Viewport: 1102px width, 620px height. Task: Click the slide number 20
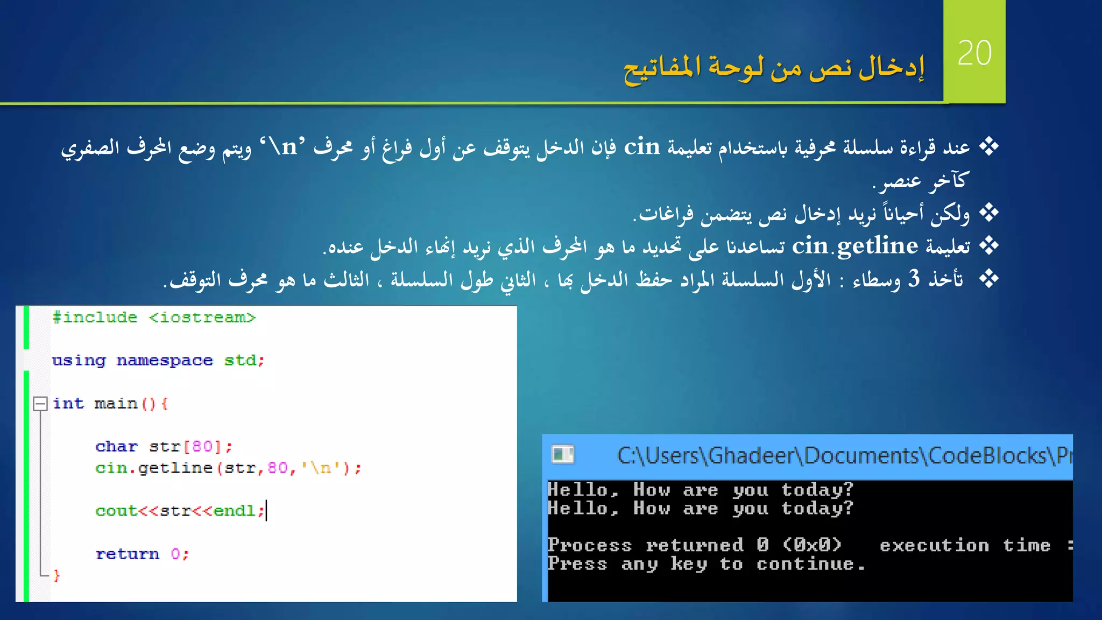point(974,53)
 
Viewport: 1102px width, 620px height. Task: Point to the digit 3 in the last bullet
point(914,279)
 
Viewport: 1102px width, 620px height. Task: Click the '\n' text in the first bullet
point(282,146)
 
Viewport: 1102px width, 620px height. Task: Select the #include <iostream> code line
point(154,318)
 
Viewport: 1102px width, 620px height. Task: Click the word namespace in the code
point(165,360)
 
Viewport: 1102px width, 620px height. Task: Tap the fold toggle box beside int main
point(40,404)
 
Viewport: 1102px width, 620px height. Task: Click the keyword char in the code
point(116,446)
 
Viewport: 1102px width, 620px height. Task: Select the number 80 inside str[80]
point(202,446)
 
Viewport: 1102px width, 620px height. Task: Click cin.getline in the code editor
point(154,468)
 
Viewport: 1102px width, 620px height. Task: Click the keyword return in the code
point(128,554)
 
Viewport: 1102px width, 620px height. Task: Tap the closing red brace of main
point(56,575)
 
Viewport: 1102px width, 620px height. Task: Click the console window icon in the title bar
point(563,455)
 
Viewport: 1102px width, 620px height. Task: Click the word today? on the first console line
point(817,489)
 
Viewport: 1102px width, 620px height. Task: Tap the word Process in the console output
point(589,545)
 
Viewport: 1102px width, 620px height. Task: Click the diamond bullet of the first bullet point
point(988,146)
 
